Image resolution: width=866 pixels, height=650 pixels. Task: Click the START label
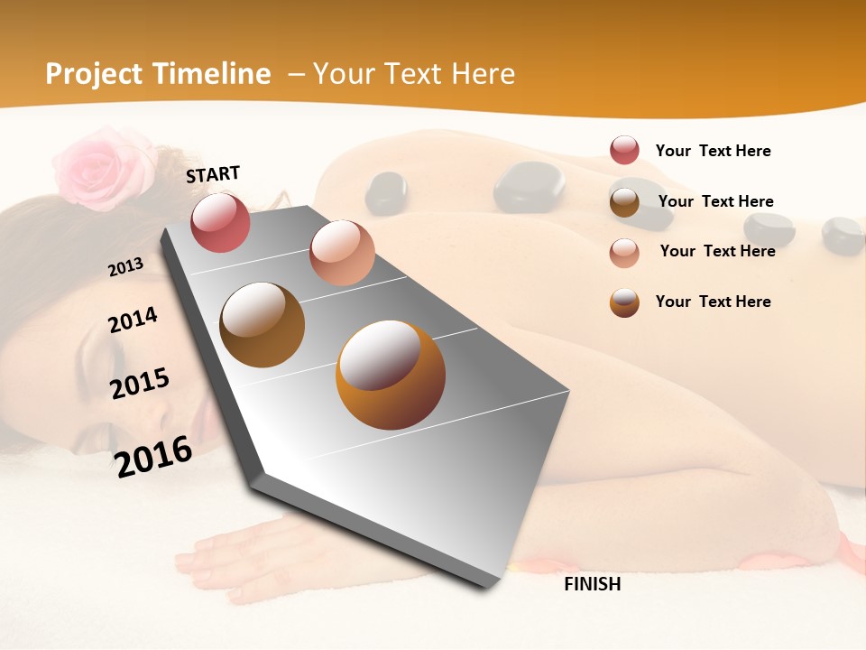click(x=213, y=173)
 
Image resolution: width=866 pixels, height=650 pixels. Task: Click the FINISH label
click(x=593, y=584)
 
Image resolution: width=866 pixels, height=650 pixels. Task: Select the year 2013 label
click(x=126, y=267)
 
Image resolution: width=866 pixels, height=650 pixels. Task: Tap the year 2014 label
click(x=133, y=320)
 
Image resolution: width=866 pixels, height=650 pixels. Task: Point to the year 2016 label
click(x=153, y=456)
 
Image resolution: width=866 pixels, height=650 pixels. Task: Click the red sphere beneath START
click(x=220, y=222)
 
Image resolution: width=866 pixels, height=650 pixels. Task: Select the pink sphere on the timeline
click(x=342, y=253)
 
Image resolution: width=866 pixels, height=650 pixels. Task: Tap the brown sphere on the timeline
click(x=262, y=325)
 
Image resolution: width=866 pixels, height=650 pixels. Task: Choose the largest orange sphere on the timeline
click(x=391, y=375)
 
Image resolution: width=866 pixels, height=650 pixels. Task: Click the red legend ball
click(x=624, y=150)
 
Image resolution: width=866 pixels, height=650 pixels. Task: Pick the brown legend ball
click(x=624, y=201)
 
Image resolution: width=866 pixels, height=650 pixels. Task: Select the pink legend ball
click(x=624, y=252)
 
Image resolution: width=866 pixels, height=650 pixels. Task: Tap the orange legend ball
click(x=624, y=302)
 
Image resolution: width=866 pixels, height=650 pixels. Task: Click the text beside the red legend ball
click(x=713, y=151)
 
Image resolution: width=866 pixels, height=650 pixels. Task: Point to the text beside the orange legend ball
click(x=713, y=302)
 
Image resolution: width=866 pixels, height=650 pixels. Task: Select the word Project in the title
click(x=94, y=74)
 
